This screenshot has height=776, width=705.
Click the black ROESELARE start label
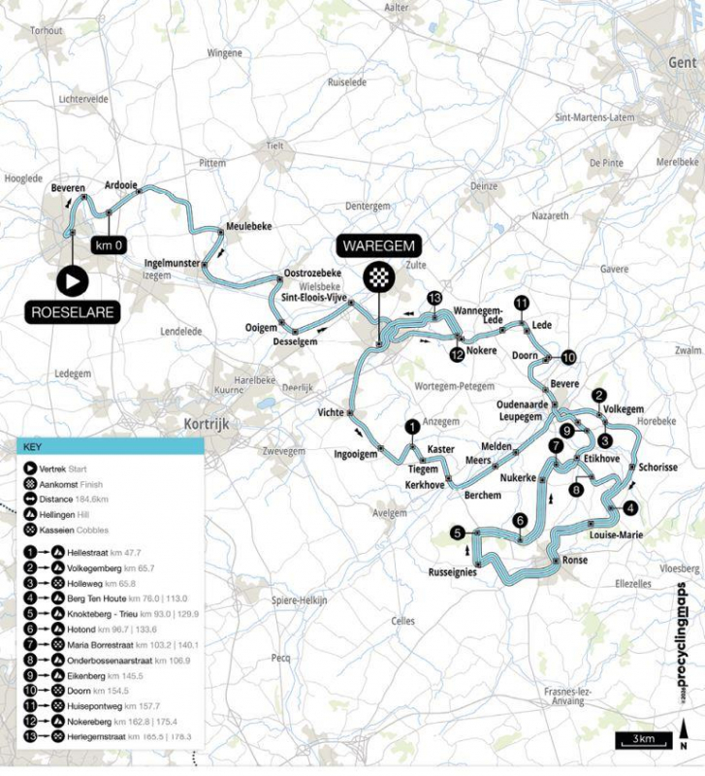point(73,312)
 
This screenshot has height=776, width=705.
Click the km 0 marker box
point(109,246)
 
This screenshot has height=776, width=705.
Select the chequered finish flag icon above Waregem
point(375,276)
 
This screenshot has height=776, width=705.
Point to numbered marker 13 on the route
point(434,298)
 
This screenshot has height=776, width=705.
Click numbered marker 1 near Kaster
point(412,426)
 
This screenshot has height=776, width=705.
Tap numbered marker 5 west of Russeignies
point(459,532)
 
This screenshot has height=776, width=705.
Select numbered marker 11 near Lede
point(522,304)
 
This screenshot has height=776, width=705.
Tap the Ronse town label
point(568,563)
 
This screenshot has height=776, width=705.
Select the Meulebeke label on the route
point(249,226)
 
